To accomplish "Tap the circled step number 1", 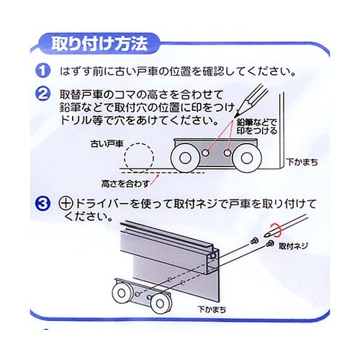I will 43,72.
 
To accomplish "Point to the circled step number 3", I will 43,204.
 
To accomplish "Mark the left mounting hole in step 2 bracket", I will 206,153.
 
